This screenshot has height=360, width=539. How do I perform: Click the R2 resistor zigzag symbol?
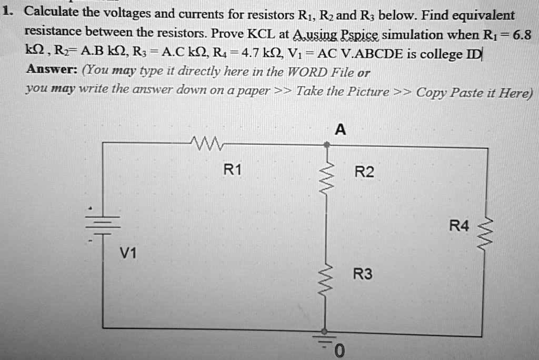327,174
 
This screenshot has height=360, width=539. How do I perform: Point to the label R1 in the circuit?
232,170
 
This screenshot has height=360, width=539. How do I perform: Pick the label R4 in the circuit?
458,226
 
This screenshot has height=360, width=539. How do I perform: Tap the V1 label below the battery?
127,254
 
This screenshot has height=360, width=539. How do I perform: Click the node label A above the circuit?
340,129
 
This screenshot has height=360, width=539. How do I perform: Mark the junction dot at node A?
327,143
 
